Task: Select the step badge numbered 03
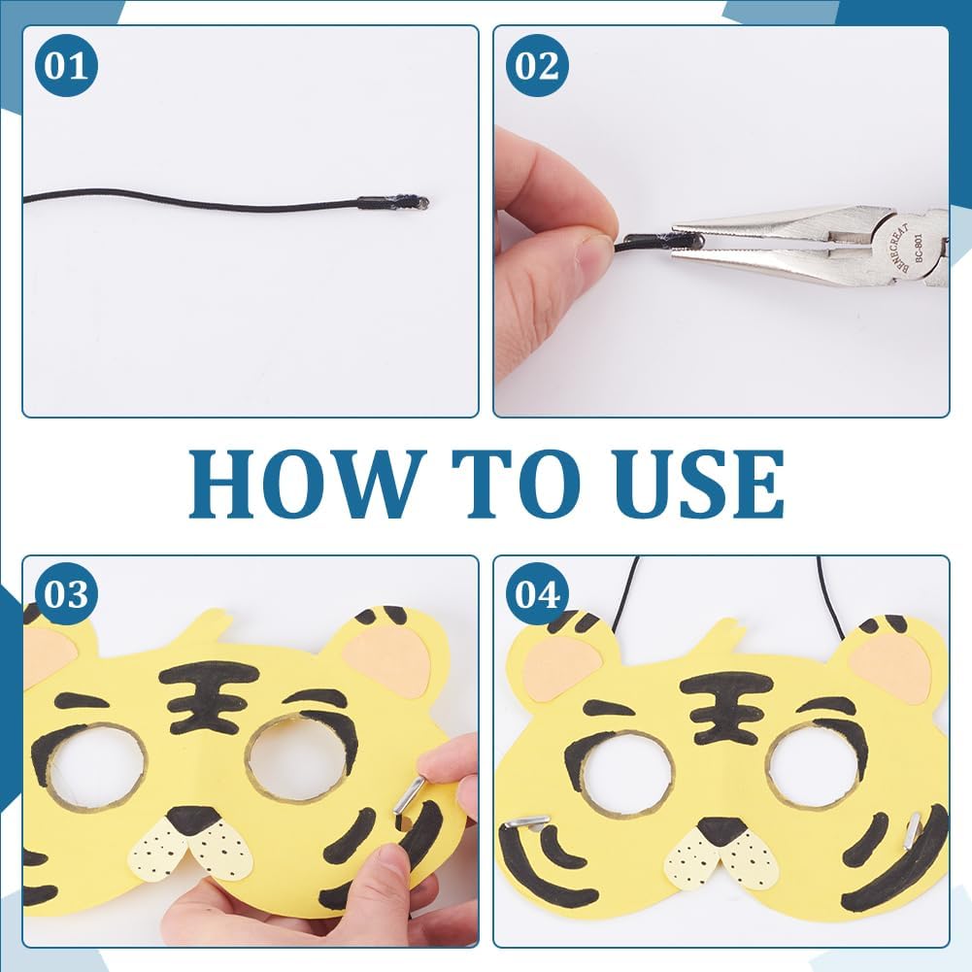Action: (64, 593)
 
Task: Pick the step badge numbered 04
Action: (537, 593)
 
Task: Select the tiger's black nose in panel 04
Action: (722, 830)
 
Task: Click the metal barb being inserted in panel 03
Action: (409, 796)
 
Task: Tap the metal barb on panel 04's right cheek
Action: (911, 833)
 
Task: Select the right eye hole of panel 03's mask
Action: (297, 758)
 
